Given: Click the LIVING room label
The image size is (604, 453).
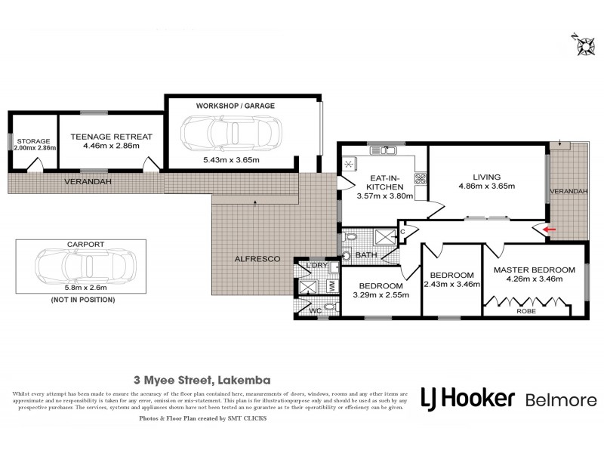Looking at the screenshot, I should [x=487, y=175].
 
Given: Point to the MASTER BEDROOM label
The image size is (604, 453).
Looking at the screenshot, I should [x=535, y=270].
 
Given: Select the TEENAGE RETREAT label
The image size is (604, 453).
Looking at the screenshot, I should [x=112, y=137].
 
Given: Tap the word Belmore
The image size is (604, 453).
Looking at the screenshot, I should [x=559, y=400].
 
